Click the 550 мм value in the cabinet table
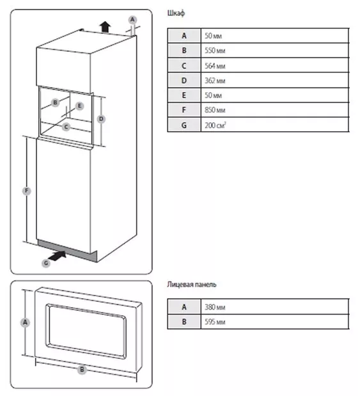click(x=215, y=51)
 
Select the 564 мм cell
click(x=215, y=66)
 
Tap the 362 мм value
click(x=215, y=81)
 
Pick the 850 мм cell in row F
click(x=215, y=110)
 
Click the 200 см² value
click(x=215, y=125)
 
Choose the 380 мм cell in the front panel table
click(x=215, y=307)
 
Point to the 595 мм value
click(x=215, y=322)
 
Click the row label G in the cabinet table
click(x=184, y=125)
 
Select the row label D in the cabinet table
click(x=184, y=81)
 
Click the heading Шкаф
click(x=176, y=13)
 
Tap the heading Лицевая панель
click(x=192, y=285)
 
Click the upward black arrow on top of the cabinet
click(x=105, y=26)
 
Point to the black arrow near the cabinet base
click(x=57, y=256)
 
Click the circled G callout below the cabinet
click(x=46, y=263)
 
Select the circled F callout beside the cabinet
click(x=26, y=191)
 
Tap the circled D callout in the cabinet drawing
click(x=101, y=119)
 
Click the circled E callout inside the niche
click(x=79, y=106)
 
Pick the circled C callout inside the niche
click(x=66, y=127)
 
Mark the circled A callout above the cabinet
click(x=132, y=20)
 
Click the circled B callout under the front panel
click(x=82, y=370)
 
